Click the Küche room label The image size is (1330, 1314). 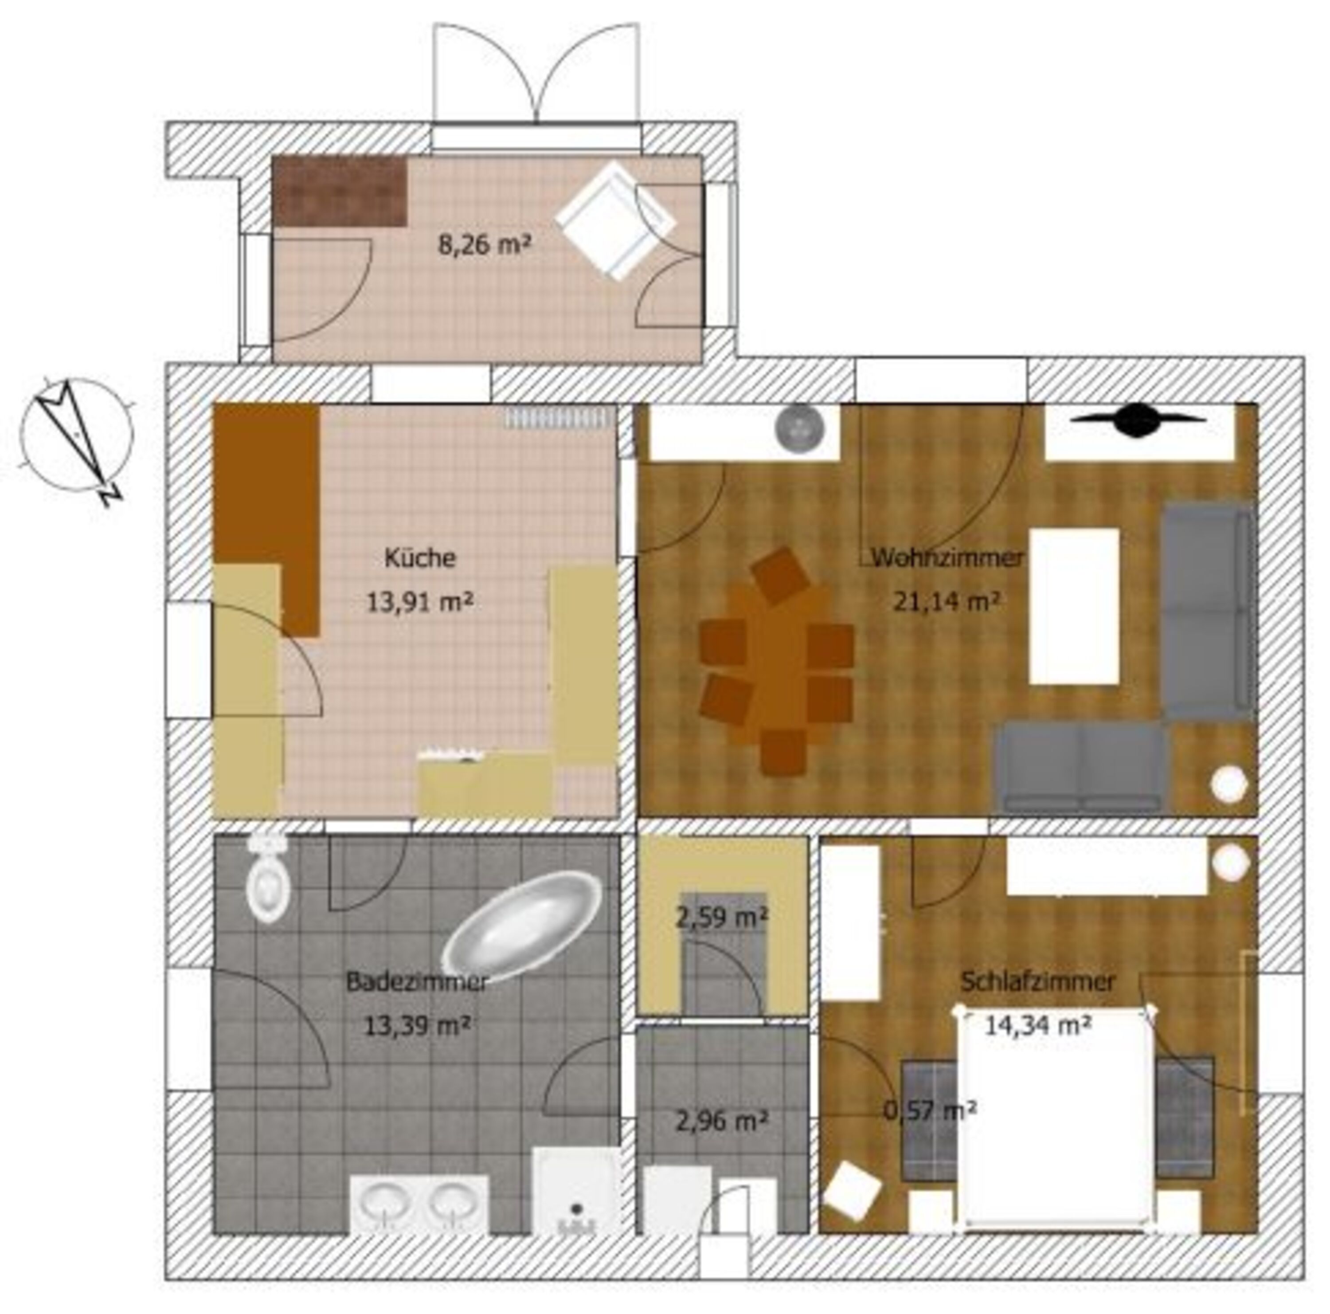419,558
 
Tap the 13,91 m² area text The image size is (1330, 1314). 419,603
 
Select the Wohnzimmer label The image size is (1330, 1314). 947,558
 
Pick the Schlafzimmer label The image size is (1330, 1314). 1037,981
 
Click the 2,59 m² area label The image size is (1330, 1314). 722,918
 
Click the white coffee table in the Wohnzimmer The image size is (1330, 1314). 1074,606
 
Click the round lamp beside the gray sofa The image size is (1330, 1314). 1229,784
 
